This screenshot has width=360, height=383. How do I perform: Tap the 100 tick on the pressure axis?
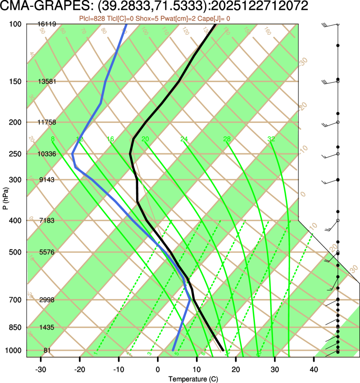[15, 24]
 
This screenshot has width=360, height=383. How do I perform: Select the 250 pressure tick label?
[15, 154]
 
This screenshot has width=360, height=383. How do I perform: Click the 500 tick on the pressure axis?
[15, 252]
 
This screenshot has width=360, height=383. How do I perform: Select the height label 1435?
[47, 327]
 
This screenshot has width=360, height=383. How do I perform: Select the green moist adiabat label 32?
[271, 139]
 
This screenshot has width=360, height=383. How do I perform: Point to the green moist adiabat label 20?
[145, 139]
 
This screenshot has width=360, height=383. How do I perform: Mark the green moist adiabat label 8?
[52, 139]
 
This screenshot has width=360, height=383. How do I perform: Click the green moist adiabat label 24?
[185, 139]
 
